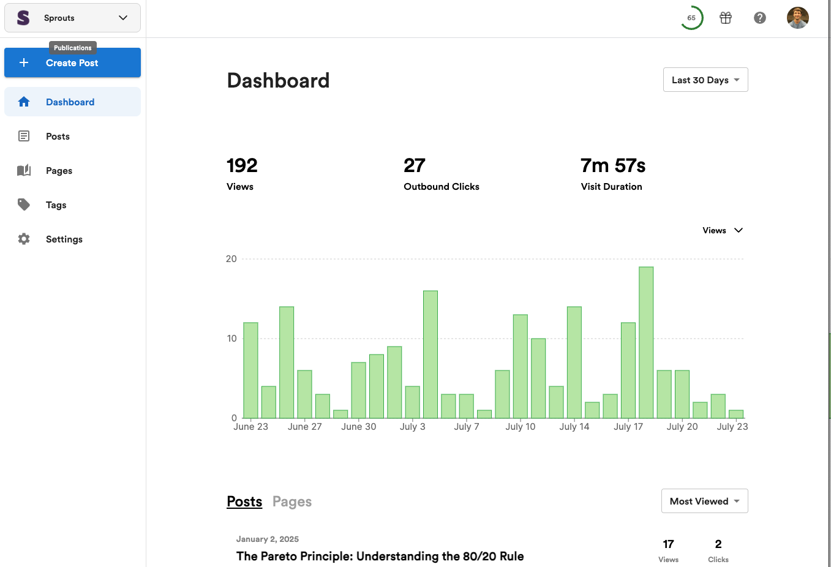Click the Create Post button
coord(72,62)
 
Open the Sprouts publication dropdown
coord(72,18)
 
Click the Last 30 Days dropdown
coord(705,80)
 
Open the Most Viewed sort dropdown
coord(704,501)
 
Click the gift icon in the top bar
coord(726,18)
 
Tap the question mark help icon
coord(760,18)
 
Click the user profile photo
coord(797,18)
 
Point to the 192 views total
coord(242,165)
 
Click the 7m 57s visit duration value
coord(613,165)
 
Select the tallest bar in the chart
coord(646,342)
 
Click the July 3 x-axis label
coord(413,426)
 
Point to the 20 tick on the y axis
coord(231,259)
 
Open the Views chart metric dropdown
coord(722,230)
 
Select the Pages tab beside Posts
coord(292,501)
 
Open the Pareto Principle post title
coord(380,556)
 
